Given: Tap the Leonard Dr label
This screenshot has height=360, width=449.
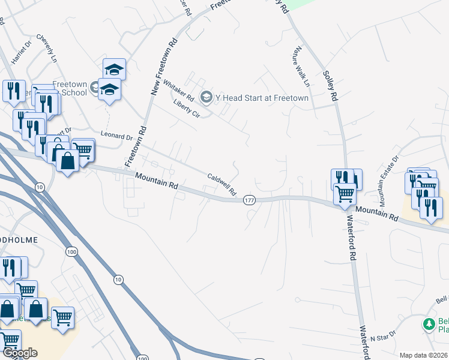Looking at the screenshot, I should pyautogui.click(x=116, y=137).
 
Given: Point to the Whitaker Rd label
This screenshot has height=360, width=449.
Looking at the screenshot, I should pyautogui.click(x=178, y=92).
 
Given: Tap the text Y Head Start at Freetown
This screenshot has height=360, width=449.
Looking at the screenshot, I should pyautogui.click(x=262, y=98).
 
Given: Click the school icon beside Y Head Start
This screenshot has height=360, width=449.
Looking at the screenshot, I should pyautogui.click(x=206, y=97).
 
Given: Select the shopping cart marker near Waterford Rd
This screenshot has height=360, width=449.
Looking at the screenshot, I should pyautogui.click(x=345, y=194).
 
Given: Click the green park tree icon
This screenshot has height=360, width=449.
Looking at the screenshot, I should pyautogui.click(x=429, y=325).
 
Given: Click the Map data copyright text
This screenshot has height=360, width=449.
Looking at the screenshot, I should pyautogui.click(x=424, y=355).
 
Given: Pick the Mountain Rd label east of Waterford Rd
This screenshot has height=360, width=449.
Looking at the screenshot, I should pyautogui.click(x=377, y=212).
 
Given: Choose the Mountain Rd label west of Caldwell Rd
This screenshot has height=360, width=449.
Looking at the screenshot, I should pyautogui.click(x=157, y=182).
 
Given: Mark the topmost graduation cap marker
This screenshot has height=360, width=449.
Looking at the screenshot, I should pyautogui.click(x=114, y=68).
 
